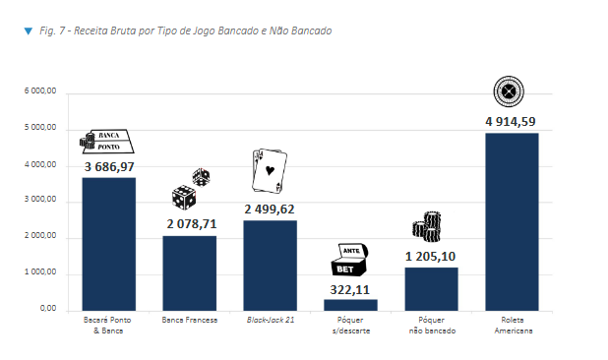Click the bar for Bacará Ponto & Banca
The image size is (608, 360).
pos(108,244)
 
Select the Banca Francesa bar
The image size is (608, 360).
pos(189,272)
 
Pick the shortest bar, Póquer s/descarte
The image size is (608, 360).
pos(350,305)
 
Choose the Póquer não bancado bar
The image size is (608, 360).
pos(431,288)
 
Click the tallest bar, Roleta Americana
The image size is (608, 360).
pos(512,221)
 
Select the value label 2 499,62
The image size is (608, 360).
pos(270,210)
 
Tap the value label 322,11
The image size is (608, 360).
pos(350,289)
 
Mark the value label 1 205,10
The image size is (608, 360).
pos(431,257)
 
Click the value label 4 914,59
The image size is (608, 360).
pos(512,122)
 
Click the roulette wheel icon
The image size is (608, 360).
pos(509,91)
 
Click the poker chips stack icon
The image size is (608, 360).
pos(427,226)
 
